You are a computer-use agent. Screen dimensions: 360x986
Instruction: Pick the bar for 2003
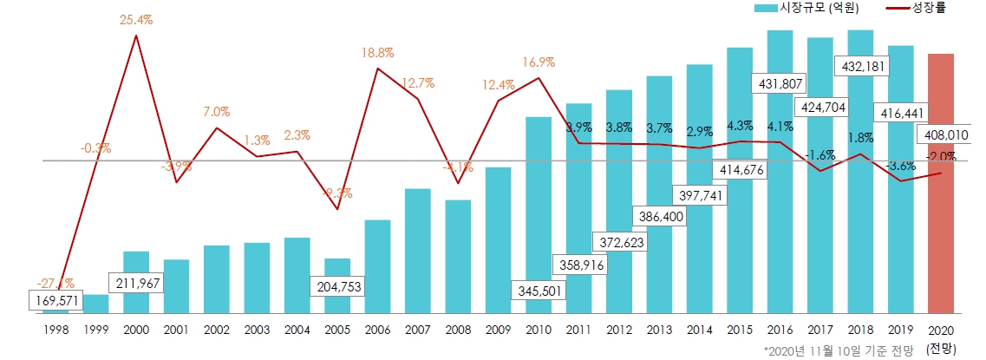pos(257,278)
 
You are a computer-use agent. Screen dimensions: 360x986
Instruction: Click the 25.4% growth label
pos(136,19)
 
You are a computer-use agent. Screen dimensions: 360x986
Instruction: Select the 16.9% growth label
pos(539,62)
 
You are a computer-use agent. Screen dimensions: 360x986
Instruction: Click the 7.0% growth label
pos(217,112)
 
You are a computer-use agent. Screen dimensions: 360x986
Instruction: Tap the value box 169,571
pos(56,300)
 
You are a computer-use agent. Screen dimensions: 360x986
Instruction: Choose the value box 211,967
pos(137,283)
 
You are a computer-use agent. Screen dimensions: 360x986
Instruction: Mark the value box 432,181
pos(860,66)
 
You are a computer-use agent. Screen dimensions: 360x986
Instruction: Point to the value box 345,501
pos(539,289)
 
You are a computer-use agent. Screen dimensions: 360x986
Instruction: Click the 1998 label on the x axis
pos(56,331)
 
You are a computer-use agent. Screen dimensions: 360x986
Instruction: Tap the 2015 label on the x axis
pos(740,331)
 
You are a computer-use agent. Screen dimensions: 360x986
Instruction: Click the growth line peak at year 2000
pos(136,36)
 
